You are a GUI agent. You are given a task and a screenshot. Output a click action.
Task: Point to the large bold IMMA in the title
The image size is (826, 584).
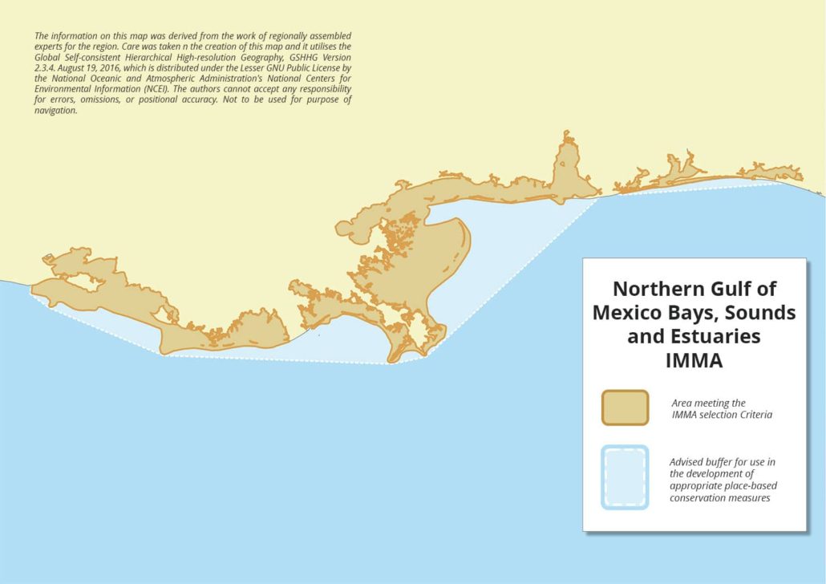(x=694, y=361)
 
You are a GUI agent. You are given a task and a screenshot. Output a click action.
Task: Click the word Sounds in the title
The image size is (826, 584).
(x=763, y=313)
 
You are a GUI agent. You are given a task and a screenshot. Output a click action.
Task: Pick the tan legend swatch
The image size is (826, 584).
(x=625, y=408)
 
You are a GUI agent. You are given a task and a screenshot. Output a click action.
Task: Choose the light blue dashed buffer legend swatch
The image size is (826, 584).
(x=625, y=477)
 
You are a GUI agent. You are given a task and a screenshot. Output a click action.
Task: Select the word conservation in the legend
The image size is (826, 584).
(x=695, y=497)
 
